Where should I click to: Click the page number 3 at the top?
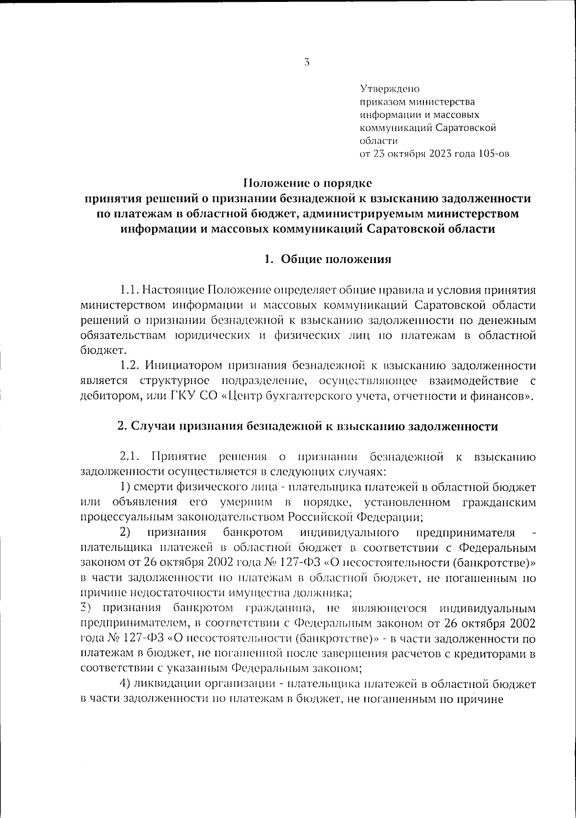click(306, 62)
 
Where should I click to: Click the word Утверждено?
click(390, 89)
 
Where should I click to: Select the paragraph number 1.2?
click(129, 365)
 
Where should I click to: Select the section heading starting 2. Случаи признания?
click(308, 426)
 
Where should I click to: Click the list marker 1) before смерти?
click(125, 487)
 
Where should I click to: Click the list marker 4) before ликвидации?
click(125, 683)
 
